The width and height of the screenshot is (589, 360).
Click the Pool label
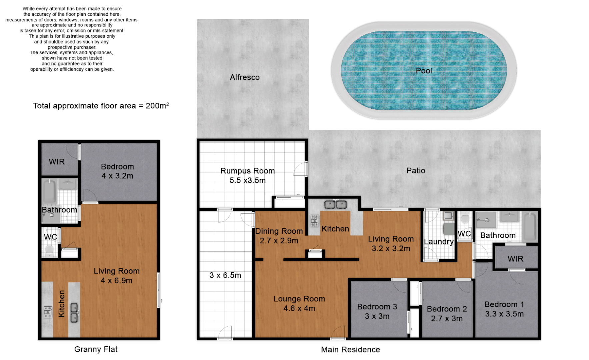click(x=424, y=71)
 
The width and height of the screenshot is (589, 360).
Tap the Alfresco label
click(x=245, y=77)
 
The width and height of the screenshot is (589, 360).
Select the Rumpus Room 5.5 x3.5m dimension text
click(x=247, y=180)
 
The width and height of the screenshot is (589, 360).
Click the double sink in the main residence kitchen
click(x=336, y=204)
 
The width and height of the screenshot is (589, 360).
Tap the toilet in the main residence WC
click(x=465, y=219)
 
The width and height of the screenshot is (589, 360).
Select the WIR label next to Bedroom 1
click(x=515, y=259)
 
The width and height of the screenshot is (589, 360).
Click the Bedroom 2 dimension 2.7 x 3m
click(x=447, y=318)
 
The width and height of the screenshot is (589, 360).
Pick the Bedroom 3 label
click(x=377, y=307)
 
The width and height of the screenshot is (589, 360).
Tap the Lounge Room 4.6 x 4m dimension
click(x=299, y=308)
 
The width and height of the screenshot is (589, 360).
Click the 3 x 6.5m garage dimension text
click(x=225, y=275)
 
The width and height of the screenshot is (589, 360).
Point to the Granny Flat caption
click(x=96, y=349)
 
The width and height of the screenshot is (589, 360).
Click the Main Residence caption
click(x=350, y=349)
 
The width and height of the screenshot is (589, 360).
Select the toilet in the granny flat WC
click(x=50, y=250)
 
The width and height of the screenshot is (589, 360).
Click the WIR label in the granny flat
click(x=56, y=162)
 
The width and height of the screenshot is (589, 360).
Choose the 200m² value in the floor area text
click(x=157, y=106)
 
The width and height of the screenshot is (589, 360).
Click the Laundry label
click(x=439, y=242)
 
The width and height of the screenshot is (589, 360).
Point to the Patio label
click(x=416, y=171)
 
